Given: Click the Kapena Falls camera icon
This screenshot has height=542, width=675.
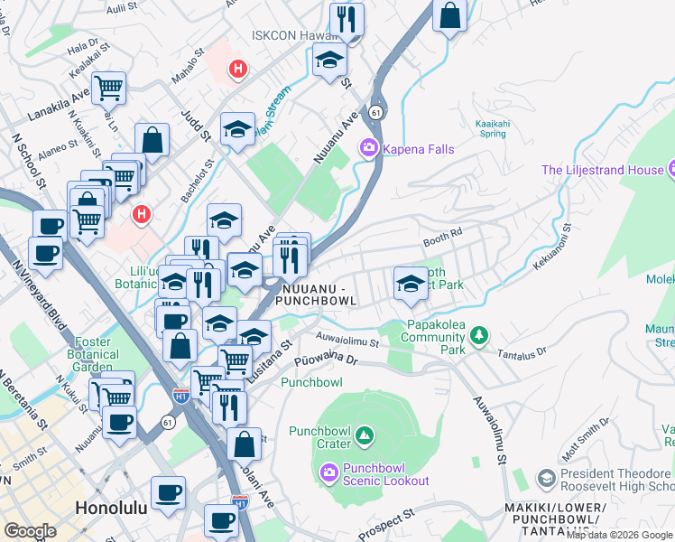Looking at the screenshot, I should pyautogui.click(x=368, y=148).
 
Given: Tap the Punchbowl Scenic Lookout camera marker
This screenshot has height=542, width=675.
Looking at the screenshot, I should pyautogui.click(x=329, y=472).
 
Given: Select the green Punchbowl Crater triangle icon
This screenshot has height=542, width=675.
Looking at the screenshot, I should pyautogui.click(x=365, y=437).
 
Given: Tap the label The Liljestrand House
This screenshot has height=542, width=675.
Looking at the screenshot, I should pyautogui.click(x=601, y=170).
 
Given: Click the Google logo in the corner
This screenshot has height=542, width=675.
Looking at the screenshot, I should pyautogui.click(x=30, y=530).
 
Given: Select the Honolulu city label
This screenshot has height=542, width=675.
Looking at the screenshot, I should pyautogui.click(x=111, y=508).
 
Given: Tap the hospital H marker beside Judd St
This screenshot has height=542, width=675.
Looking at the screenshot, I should pyautogui.click(x=238, y=68).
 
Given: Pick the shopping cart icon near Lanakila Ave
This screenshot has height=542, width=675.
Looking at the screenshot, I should pyautogui.click(x=108, y=88).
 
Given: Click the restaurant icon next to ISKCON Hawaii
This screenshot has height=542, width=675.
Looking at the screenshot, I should pyautogui.click(x=346, y=19).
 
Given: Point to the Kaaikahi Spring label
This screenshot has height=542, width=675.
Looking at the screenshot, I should pyautogui.click(x=492, y=128).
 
